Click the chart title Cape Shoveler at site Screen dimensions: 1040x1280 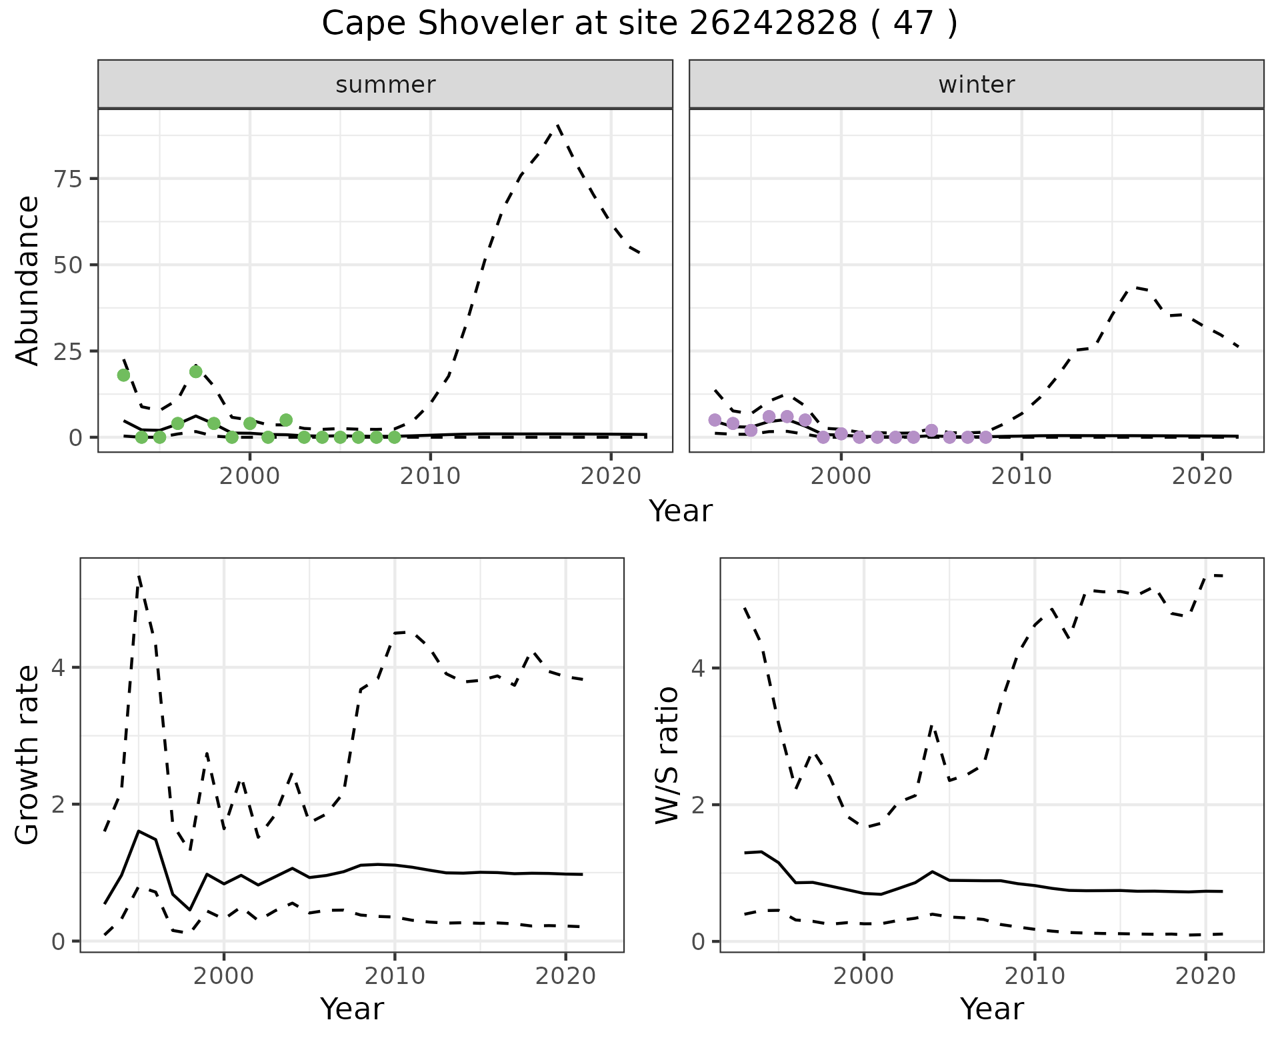click(x=639, y=24)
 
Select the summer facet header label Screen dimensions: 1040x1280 click(x=385, y=85)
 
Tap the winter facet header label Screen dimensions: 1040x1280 click(x=976, y=85)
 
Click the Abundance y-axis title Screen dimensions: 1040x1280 click(x=28, y=280)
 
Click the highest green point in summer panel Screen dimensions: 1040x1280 click(x=195, y=371)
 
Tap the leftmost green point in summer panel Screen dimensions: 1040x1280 click(x=123, y=375)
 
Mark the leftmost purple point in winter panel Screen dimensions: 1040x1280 click(x=715, y=419)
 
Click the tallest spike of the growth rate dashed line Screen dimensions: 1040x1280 click(x=139, y=577)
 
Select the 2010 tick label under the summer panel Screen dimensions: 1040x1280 click(x=431, y=477)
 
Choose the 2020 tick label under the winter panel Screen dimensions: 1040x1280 click(x=1202, y=477)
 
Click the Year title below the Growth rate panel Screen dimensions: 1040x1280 click(x=352, y=1009)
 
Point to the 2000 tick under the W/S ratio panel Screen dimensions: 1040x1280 click(x=863, y=977)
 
